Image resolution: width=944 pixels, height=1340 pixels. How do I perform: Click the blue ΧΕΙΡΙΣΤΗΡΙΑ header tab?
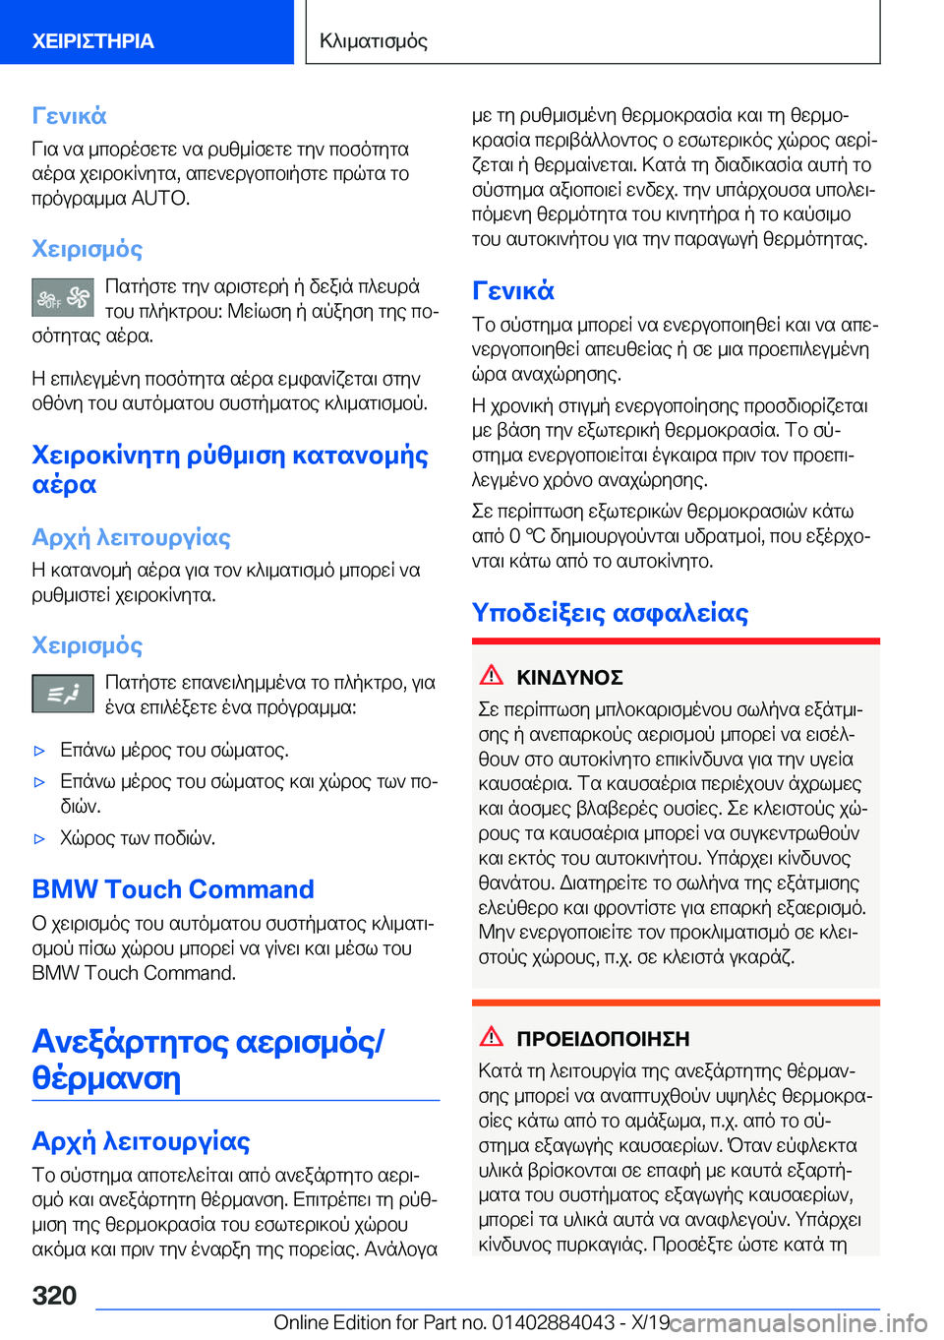click(x=93, y=40)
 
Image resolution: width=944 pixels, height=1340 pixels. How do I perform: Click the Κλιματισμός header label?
click(x=374, y=40)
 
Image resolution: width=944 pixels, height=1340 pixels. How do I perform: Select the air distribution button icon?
click(x=63, y=694)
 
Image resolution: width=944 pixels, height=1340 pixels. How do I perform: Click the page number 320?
click(x=55, y=1295)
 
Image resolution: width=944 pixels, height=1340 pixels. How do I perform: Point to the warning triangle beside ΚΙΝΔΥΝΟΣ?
click(x=492, y=675)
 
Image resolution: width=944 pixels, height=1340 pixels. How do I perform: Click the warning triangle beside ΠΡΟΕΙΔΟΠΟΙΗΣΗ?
click(x=492, y=1036)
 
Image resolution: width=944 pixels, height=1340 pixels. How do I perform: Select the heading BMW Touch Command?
click(x=173, y=889)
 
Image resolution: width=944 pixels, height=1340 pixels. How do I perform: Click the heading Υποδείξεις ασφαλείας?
click(x=610, y=612)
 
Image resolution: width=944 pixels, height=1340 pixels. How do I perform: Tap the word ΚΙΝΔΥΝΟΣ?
click(x=569, y=678)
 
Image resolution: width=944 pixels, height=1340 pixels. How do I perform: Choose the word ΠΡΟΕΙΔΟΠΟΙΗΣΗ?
click(x=603, y=1039)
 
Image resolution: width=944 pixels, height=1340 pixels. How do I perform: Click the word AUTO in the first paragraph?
click(x=160, y=198)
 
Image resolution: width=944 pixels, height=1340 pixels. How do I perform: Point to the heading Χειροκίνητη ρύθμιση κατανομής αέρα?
click(x=230, y=469)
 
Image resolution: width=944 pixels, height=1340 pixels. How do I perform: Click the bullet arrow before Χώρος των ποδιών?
click(x=40, y=839)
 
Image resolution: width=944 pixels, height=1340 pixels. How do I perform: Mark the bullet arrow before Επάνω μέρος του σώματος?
click(x=40, y=751)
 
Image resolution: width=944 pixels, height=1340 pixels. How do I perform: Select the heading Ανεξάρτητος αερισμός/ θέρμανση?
click(x=208, y=1059)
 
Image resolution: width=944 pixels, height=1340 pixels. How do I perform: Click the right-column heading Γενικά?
click(x=513, y=290)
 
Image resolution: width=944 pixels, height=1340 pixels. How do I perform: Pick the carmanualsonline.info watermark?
click(x=798, y=1322)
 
